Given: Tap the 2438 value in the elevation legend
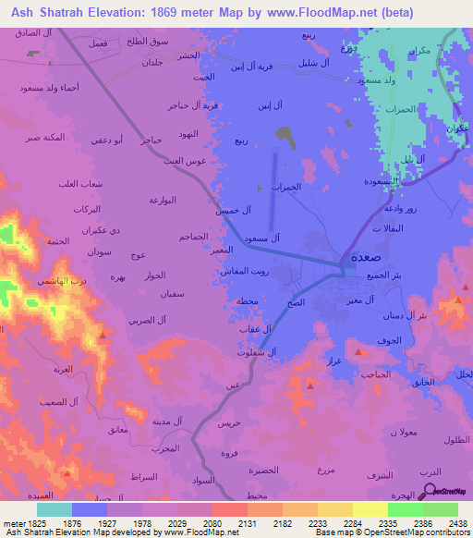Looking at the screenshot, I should click(x=457, y=522).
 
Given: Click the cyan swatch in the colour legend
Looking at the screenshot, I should click(x=54, y=509).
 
